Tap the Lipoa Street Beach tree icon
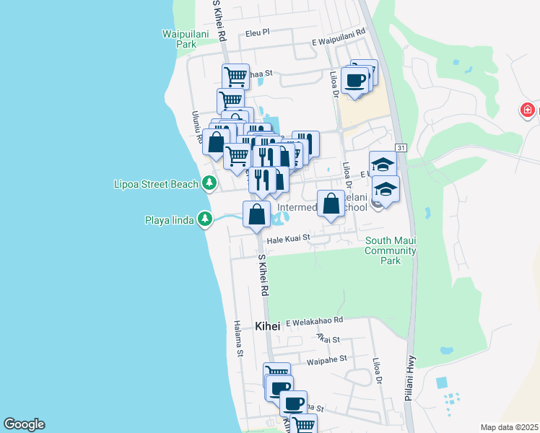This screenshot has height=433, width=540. (x=209, y=183)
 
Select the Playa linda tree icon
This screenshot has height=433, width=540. (x=206, y=219)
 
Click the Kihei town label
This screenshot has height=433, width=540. (x=267, y=326)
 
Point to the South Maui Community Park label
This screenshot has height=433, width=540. (x=391, y=250)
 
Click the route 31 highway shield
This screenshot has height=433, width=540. (x=401, y=148)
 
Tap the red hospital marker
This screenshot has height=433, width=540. (x=528, y=110)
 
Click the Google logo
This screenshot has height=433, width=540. (x=24, y=424)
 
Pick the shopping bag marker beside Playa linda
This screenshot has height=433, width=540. (x=257, y=214)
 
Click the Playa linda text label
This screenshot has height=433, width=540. (x=169, y=219)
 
